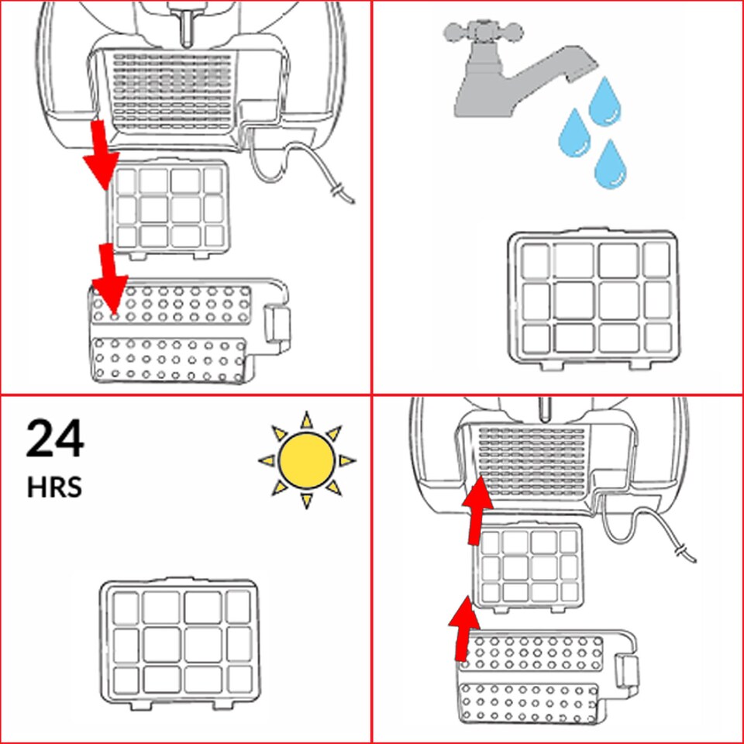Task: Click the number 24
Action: point(54,439)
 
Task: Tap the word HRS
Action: point(53,488)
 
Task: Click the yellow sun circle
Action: point(306,460)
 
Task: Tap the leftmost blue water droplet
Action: point(574,132)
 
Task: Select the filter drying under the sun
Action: point(179,642)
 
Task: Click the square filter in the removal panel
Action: point(169,207)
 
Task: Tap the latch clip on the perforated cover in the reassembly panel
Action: point(625,670)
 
